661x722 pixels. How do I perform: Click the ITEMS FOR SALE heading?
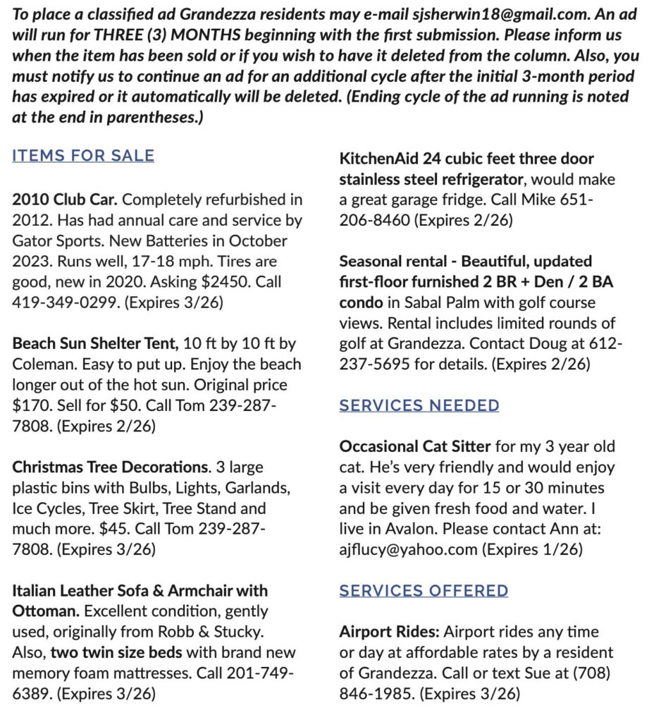click(83, 156)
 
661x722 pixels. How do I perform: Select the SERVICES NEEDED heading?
click(419, 405)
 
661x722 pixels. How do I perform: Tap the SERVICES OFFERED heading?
click(424, 590)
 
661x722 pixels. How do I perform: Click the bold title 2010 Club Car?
click(66, 200)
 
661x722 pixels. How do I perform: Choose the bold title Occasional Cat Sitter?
click(414, 447)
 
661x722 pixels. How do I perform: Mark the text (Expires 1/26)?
click(532, 549)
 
